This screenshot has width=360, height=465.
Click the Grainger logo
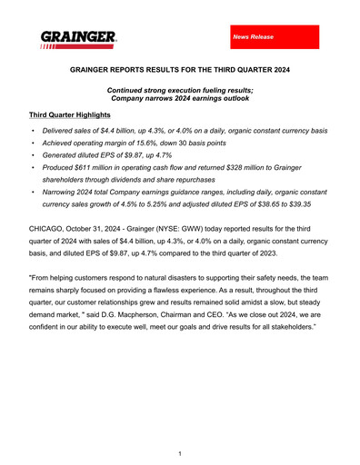(x=78, y=38)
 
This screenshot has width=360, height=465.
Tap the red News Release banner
(x=274, y=36)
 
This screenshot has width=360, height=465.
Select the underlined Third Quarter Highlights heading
(x=69, y=116)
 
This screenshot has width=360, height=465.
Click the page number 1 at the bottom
(x=180, y=453)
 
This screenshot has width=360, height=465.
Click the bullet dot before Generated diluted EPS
(x=34, y=155)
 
